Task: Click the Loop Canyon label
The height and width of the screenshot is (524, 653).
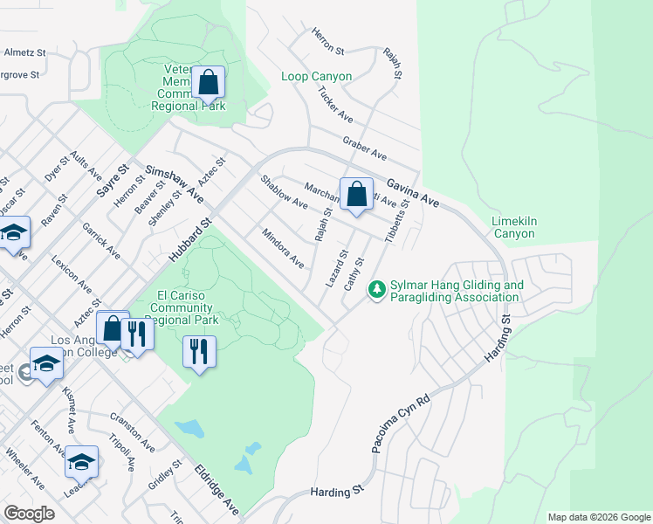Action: (316, 77)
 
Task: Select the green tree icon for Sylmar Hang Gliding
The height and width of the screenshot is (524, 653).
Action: (377, 287)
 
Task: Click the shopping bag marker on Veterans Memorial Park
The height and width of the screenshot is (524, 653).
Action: (209, 85)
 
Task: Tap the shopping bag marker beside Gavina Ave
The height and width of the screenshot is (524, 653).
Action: (356, 194)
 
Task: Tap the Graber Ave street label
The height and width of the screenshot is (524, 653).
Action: (365, 148)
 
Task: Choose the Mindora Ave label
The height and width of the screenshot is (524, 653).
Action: (283, 248)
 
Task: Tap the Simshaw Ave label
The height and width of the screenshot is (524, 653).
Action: (174, 185)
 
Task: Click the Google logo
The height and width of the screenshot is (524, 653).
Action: (29, 514)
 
